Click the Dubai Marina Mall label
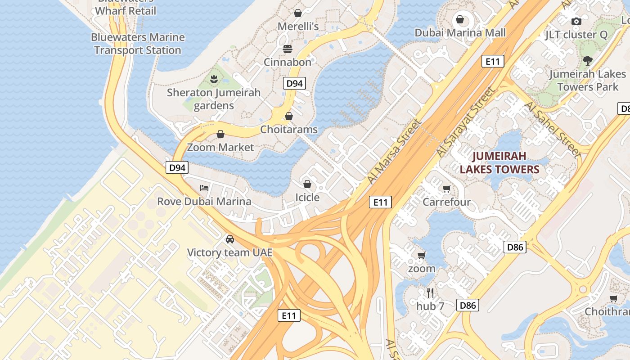pyautogui.click(x=460, y=33)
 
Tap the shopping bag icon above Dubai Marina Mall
pyautogui.click(x=460, y=19)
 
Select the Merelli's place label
pyautogui.click(x=298, y=27)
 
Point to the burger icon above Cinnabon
pyautogui.click(x=288, y=49)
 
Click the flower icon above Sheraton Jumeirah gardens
pyautogui.click(x=214, y=80)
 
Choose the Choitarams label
pyautogui.click(x=289, y=130)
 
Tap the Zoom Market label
pyautogui.click(x=220, y=147)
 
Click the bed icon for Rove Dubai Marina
pyautogui.click(x=204, y=188)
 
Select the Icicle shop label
pyautogui.click(x=307, y=198)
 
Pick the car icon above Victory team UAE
pyautogui.click(x=230, y=239)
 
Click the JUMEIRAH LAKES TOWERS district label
pyautogui.click(x=499, y=163)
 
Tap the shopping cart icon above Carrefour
pyautogui.click(x=446, y=189)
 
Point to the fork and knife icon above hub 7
pyautogui.click(x=430, y=293)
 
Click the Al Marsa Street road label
pyautogui.click(x=394, y=151)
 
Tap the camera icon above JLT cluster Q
pyautogui.click(x=576, y=21)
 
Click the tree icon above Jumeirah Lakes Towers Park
pyautogui.click(x=587, y=61)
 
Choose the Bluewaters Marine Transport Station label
pyautogui.click(x=138, y=44)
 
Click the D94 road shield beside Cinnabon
pyautogui.click(x=295, y=83)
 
